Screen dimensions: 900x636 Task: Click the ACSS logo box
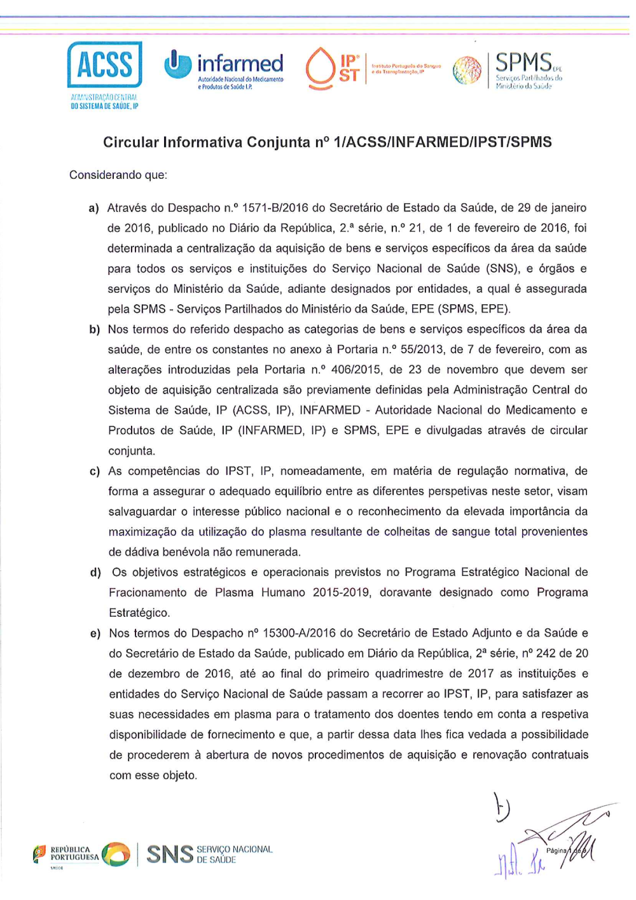click(x=105, y=64)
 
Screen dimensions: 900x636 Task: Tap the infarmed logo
click(x=224, y=67)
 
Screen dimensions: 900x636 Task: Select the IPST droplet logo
click(x=320, y=68)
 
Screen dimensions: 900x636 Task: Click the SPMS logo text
click(x=523, y=63)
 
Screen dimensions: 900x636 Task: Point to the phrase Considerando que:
click(x=118, y=175)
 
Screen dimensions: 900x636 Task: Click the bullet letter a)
click(x=94, y=208)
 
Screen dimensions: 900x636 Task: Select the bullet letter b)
click(x=94, y=330)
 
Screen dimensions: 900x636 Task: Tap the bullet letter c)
click(x=94, y=472)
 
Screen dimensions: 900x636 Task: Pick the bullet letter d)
click(x=95, y=573)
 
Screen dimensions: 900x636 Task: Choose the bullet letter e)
click(x=95, y=634)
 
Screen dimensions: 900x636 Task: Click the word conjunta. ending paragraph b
click(x=131, y=451)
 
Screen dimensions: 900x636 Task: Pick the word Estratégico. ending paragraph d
click(x=139, y=613)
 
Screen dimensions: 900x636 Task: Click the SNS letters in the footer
click(x=170, y=854)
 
